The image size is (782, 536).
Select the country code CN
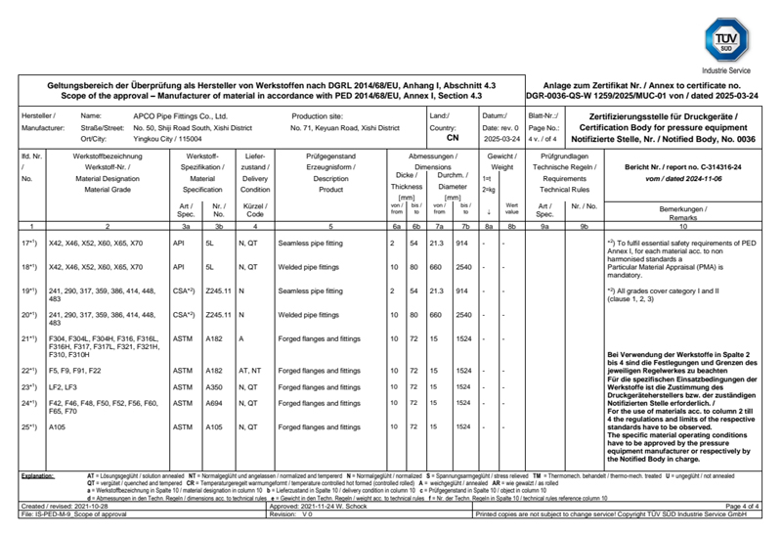click(x=452, y=139)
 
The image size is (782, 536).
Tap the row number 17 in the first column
click(x=28, y=242)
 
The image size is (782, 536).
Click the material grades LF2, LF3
click(x=64, y=387)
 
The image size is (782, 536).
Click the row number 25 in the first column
click(x=28, y=426)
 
